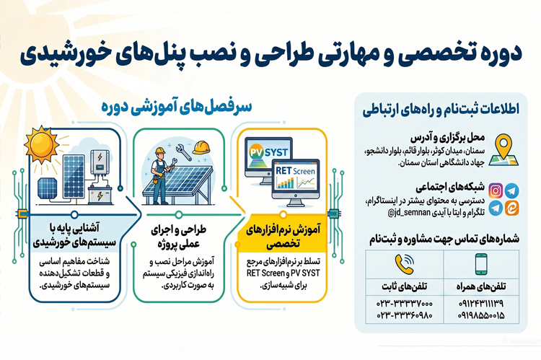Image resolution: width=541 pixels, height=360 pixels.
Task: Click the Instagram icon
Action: [496, 191]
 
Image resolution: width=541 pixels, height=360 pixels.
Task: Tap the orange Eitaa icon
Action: [511, 208]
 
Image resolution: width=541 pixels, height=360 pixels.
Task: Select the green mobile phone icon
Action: [481, 264]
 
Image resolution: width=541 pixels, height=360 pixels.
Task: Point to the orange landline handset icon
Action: [404, 264]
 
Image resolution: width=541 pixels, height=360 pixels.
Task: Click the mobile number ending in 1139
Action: [481, 304]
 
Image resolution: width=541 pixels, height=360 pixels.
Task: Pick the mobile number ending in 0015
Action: [481, 315]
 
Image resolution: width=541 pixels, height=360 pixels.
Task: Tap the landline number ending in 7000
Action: [405, 304]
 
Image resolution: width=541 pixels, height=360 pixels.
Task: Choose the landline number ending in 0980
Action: [405, 315]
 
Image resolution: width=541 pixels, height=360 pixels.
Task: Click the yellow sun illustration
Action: [41, 144]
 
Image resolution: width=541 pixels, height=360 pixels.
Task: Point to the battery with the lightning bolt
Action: [100, 195]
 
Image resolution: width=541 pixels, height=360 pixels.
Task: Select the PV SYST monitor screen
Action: [268, 154]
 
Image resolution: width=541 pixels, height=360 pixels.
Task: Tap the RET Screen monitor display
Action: [295, 178]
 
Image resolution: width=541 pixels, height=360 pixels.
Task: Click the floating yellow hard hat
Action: [201, 148]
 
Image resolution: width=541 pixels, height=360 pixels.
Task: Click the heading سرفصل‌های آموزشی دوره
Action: [176, 107]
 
